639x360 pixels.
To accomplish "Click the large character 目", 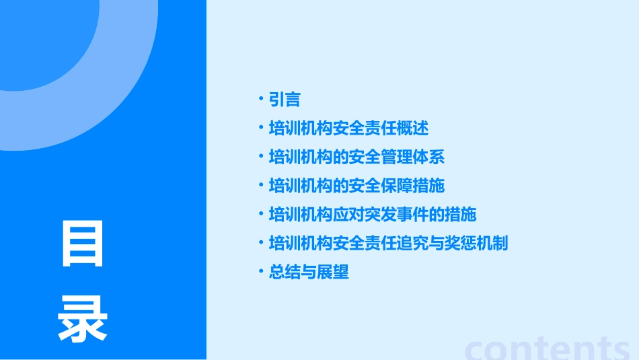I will click(83, 244).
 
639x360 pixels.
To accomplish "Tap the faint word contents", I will click(548, 347).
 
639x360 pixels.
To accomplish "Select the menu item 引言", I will click(285, 100).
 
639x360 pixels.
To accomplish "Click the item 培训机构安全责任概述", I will click(348, 128).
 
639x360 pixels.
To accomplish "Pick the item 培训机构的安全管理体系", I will click(356, 157).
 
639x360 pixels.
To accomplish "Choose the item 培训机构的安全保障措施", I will click(356, 185).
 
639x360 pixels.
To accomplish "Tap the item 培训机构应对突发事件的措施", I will click(373, 214).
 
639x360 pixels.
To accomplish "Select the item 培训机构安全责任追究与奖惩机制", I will click(388, 242).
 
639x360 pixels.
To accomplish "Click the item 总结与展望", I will click(309, 272).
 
